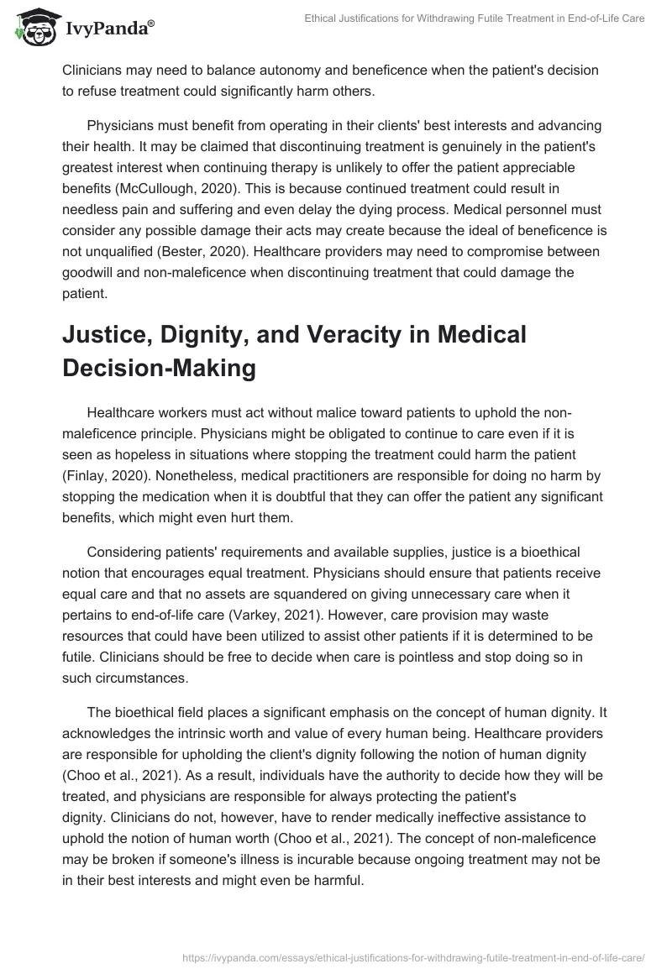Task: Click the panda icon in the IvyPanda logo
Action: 31,28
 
